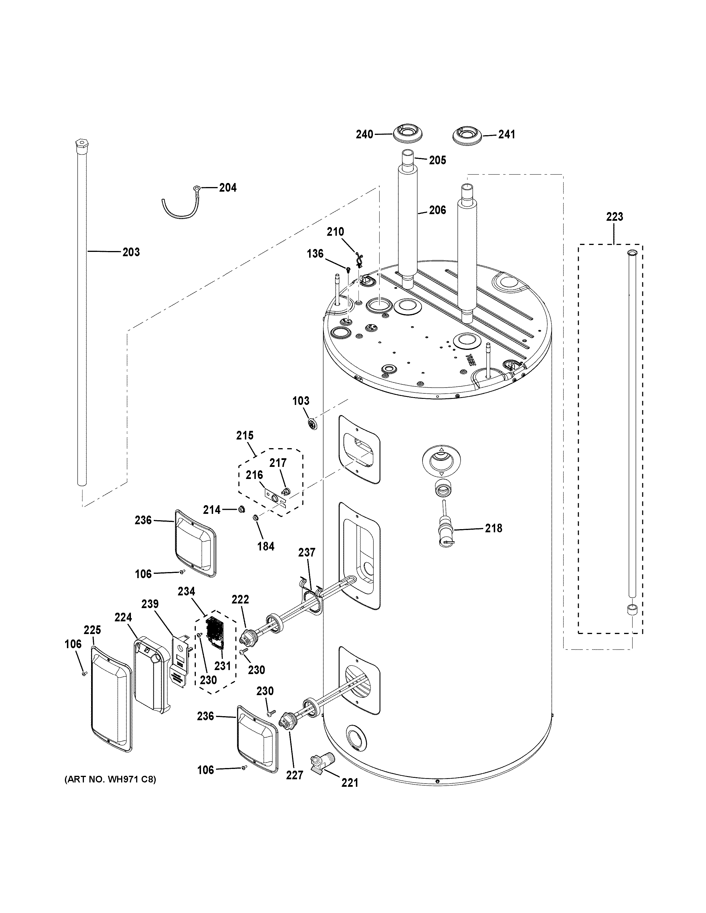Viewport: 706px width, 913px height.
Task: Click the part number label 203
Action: [x=131, y=252]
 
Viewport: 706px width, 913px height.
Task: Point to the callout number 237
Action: [x=307, y=552]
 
